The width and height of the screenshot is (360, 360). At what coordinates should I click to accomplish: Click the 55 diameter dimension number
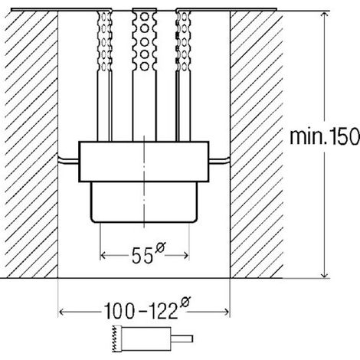(142, 256)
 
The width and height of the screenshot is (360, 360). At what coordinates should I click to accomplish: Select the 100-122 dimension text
(141, 311)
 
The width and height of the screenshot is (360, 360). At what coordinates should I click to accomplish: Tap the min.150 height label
(325, 136)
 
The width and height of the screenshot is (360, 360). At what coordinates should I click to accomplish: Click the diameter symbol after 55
(160, 247)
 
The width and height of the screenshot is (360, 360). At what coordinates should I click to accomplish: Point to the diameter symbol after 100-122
(185, 302)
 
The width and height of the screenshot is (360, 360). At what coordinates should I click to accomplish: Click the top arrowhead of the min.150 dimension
(324, 15)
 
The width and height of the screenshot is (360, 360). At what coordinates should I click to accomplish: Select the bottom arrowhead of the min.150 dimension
(324, 274)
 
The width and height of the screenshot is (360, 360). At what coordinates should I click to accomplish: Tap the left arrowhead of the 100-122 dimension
(63, 312)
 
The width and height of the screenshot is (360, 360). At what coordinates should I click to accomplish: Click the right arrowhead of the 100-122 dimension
(226, 312)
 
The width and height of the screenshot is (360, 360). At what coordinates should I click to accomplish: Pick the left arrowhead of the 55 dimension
(103, 255)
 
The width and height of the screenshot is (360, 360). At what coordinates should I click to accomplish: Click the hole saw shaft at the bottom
(182, 339)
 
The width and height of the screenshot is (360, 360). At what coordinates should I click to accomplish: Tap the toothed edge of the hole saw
(116, 339)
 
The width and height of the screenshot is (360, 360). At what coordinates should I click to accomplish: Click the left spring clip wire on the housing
(68, 161)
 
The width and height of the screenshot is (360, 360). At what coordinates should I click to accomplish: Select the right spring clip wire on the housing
(220, 161)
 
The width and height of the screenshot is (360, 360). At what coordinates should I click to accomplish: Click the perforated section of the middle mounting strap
(144, 41)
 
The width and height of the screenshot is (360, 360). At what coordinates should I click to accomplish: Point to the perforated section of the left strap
(104, 41)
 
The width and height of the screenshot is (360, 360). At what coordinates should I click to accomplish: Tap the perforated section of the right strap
(183, 41)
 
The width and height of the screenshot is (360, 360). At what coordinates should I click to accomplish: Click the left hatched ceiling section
(31, 145)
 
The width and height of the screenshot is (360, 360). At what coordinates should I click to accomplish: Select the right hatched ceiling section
(257, 145)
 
